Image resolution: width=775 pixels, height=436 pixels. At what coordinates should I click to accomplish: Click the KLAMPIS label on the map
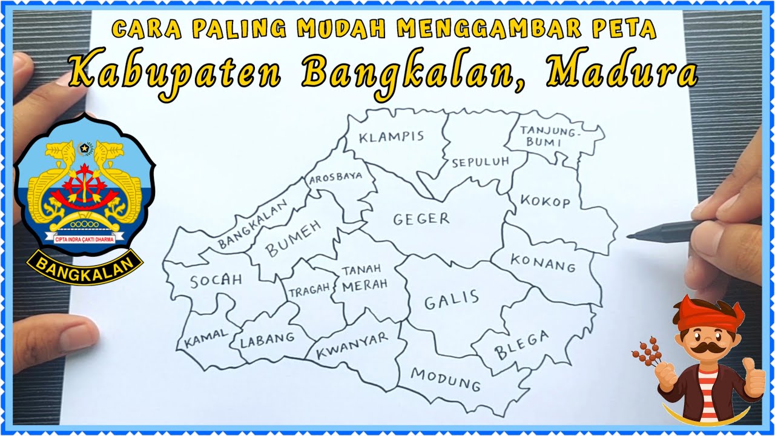point(391,137)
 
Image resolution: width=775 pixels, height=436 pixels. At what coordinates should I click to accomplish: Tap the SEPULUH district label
point(480,162)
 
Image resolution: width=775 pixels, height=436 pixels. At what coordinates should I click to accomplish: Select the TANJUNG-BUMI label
point(550,136)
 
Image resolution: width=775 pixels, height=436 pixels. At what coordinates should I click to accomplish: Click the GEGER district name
point(421,219)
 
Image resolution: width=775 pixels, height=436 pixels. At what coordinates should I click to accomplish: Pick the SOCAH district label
point(216,280)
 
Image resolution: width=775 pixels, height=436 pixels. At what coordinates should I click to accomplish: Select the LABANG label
point(267,338)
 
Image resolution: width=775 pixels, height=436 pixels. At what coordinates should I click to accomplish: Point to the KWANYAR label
point(352,346)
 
